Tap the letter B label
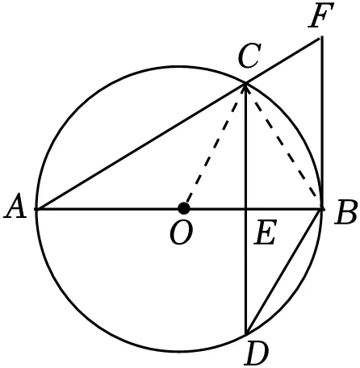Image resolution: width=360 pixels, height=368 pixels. point(345,211)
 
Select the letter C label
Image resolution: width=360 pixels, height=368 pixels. point(250,56)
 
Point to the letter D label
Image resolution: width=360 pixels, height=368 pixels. point(257,353)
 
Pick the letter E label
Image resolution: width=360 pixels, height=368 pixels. point(266,232)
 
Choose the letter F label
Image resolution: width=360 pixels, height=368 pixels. point(321,15)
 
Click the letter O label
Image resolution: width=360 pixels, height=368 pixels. point(182,233)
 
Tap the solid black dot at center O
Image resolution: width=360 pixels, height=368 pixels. point(184,208)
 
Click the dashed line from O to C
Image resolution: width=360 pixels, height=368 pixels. point(215,146)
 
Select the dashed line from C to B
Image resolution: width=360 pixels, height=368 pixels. point(284,146)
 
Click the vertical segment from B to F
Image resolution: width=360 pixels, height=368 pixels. point(322,123)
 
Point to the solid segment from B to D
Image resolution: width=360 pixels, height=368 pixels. point(284,271)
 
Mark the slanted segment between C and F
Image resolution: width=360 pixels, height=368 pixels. point(283,61)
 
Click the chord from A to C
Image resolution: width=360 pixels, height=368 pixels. point(141,147)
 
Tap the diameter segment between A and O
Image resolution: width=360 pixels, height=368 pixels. point(110,209)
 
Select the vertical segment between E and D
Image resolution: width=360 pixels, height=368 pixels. point(246,271)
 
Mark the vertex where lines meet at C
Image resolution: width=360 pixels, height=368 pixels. point(245,84)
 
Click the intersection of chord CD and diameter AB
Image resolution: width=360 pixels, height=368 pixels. point(246,209)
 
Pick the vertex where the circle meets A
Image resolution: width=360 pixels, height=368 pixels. point(36,209)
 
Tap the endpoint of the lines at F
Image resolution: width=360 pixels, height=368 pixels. point(321,38)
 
